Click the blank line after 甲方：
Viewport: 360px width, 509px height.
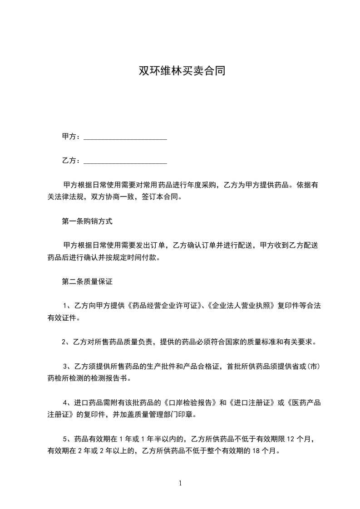coord(125,137)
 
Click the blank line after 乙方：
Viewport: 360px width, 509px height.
coord(125,161)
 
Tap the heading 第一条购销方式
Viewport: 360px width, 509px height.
coord(87,222)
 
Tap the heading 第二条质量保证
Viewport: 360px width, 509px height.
coord(87,282)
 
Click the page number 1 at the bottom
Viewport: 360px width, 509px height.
coord(180,483)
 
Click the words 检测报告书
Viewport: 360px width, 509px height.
coord(113,378)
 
